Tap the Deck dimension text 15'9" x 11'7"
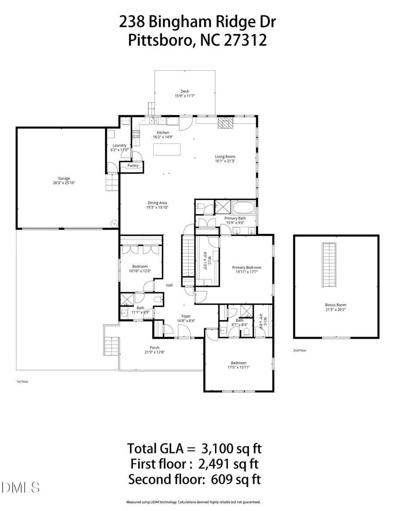[x=184, y=96]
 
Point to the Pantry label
[x=133, y=166]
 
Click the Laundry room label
[x=119, y=145]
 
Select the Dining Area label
[x=157, y=203]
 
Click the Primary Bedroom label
[x=247, y=268]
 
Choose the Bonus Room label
[x=335, y=305]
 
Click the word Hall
[x=169, y=285]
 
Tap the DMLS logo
[x=20, y=487]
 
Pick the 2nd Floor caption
[x=300, y=350]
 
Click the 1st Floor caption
[x=22, y=382]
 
